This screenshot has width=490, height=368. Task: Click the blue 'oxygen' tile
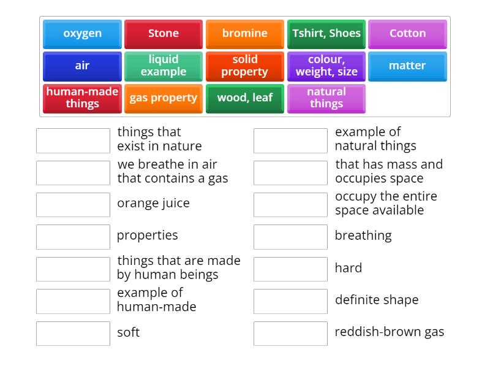(x=82, y=34)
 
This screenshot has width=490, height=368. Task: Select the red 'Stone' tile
(x=164, y=34)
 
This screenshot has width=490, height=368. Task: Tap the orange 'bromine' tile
(x=244, y=34)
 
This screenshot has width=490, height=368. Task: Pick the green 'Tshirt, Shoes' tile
(x=326, y=34)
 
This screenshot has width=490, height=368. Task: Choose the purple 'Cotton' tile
(x=407, y=34)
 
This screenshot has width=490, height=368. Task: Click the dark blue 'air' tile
(x=82, y=66)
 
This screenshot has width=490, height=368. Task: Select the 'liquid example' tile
(x=164, y=66)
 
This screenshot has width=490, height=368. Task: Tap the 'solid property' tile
(x=244, y=66)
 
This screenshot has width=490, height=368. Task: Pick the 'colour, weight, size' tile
(x=326, y=66)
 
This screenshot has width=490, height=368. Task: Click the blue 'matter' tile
(x=407, y=66)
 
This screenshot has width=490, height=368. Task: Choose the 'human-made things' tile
(x=82, y=98)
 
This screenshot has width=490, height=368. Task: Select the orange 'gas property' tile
(x=164, y=98)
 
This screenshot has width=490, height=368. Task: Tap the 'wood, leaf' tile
(x=244, y=98)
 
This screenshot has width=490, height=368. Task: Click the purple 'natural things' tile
(x=326, y=98)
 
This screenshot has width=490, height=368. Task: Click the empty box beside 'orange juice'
(x=73, y=205)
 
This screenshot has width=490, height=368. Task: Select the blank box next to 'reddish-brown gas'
(x=290, y=334)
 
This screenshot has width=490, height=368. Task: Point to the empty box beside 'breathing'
(x=290, y=237)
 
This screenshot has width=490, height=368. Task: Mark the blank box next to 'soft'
(x=73, y=334)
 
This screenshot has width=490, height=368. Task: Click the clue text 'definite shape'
(x=376, y=300)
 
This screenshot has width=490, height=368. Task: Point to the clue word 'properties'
(x=147, y=236)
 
